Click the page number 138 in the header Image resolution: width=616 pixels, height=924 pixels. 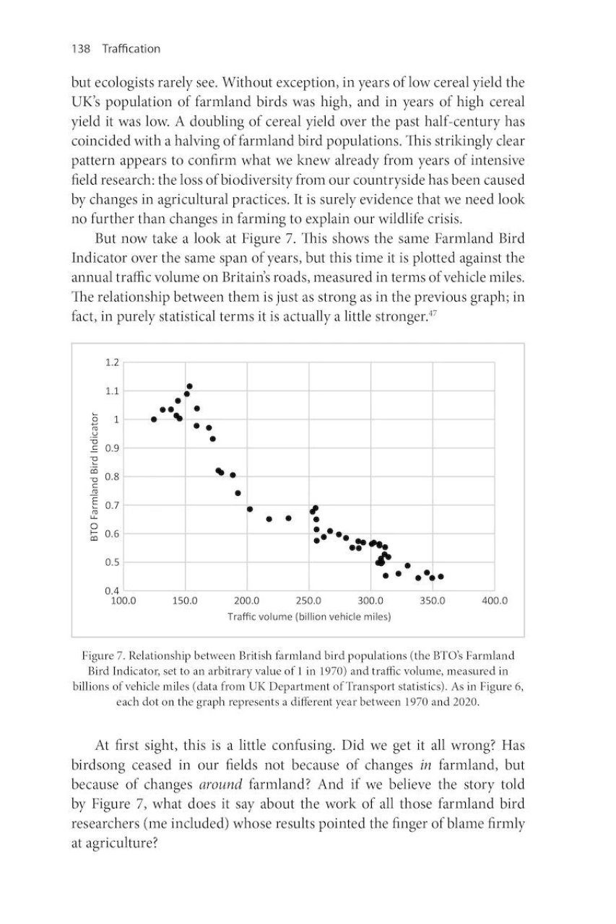[x=79, y=49]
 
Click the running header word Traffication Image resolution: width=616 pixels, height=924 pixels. [x=131, y=49]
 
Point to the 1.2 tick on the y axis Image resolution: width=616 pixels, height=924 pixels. [x=111, y=362]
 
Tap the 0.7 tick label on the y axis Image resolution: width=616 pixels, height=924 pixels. [x=111, y=505]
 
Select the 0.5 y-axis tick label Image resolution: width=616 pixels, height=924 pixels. [x=111, y=562]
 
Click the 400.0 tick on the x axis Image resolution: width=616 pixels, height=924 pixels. [x=495, y=601]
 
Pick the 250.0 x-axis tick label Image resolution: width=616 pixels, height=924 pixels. [x=310, y=601]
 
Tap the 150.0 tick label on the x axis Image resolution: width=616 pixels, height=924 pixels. [x=186, y=601]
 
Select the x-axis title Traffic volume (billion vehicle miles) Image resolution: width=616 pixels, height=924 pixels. [x=309, y=616]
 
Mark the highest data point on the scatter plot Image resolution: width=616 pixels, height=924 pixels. [x=189, y=386]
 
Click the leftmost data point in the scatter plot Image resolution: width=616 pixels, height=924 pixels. [x=154, y=419]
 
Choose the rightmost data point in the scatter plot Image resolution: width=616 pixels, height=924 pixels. [x=441, y=576]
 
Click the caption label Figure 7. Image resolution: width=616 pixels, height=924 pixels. [x=100, y=656]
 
